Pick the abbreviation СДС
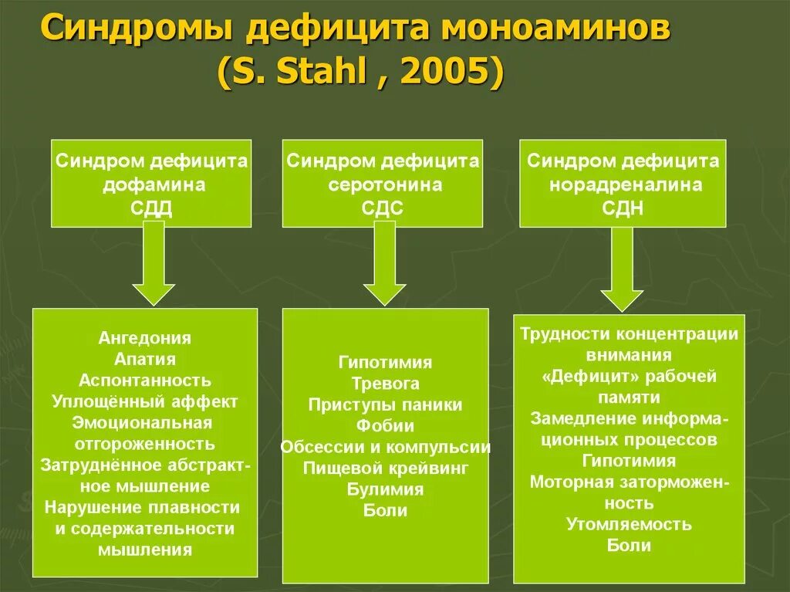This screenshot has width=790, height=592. (384, 208)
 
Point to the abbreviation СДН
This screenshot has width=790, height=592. (624, 208)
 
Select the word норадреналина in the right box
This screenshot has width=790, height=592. (624, 185)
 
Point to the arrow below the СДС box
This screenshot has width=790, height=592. (384, 266)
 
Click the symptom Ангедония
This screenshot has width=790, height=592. (145, 338)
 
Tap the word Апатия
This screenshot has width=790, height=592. (145, 359)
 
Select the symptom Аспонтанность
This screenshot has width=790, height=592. (145, 381)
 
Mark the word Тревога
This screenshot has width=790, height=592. (385, 384)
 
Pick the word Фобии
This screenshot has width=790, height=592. (385, 425)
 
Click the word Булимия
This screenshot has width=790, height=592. (385, 489)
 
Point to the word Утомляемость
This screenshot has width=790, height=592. (629, 525)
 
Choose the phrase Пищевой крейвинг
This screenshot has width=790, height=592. (385, 468)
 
